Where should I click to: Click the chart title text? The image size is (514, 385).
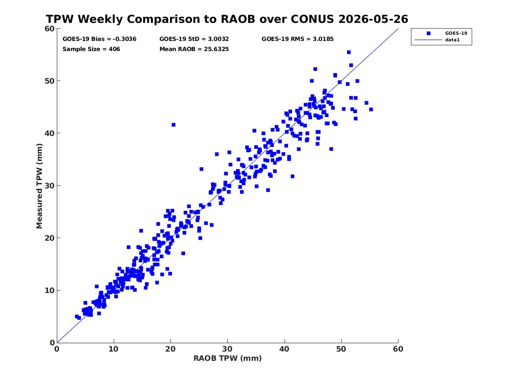pyautogui.click(x=227, y=19)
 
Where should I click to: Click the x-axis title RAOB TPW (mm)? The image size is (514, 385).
pyautogui.click(x=228, y=358)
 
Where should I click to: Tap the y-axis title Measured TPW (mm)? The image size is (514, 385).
pyautogui.click(x=39, y=186)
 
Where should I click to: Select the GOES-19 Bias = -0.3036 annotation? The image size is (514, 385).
pyautogui.click(x=100, y=39)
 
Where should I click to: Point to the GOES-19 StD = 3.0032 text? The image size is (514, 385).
pyautogui.click(x=194, y=39)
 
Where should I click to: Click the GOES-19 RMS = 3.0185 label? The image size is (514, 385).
pyautogui.click(x=297, y=39)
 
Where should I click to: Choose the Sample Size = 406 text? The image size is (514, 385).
pyautogui.click(x=91, y=49)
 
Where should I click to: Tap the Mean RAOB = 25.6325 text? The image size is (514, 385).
pyautogui.click(x=194, y=49)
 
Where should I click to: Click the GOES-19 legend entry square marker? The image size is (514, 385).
pyautogui.click(x=429, y=33)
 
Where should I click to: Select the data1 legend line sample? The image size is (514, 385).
pyautogui.click(x=429, y=40)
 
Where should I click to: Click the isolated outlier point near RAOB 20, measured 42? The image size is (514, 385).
pyautogui.click(x=174, y=125)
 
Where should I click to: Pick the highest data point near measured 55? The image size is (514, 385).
pyautogui.click(x=349, y=52)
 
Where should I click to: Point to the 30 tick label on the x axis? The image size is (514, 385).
pyautogui.click(x=228, y=349)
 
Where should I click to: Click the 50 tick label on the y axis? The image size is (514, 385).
pyautogui.click(x=49, y=81)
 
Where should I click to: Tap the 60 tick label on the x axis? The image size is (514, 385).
pyautogui.click(x=398, y=349)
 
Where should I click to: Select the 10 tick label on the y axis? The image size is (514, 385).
pyautogui.click(x=49, y=290)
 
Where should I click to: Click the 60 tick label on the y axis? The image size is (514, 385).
pyautogui.click(x=49, y=29)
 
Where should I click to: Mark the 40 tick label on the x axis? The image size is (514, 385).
pyautogui.click(x=285, y=349)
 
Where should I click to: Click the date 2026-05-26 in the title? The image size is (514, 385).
pyautogui.click(x=373, y=19)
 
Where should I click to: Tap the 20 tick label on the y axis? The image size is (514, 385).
pyautogui.click(x=49, y=238)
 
